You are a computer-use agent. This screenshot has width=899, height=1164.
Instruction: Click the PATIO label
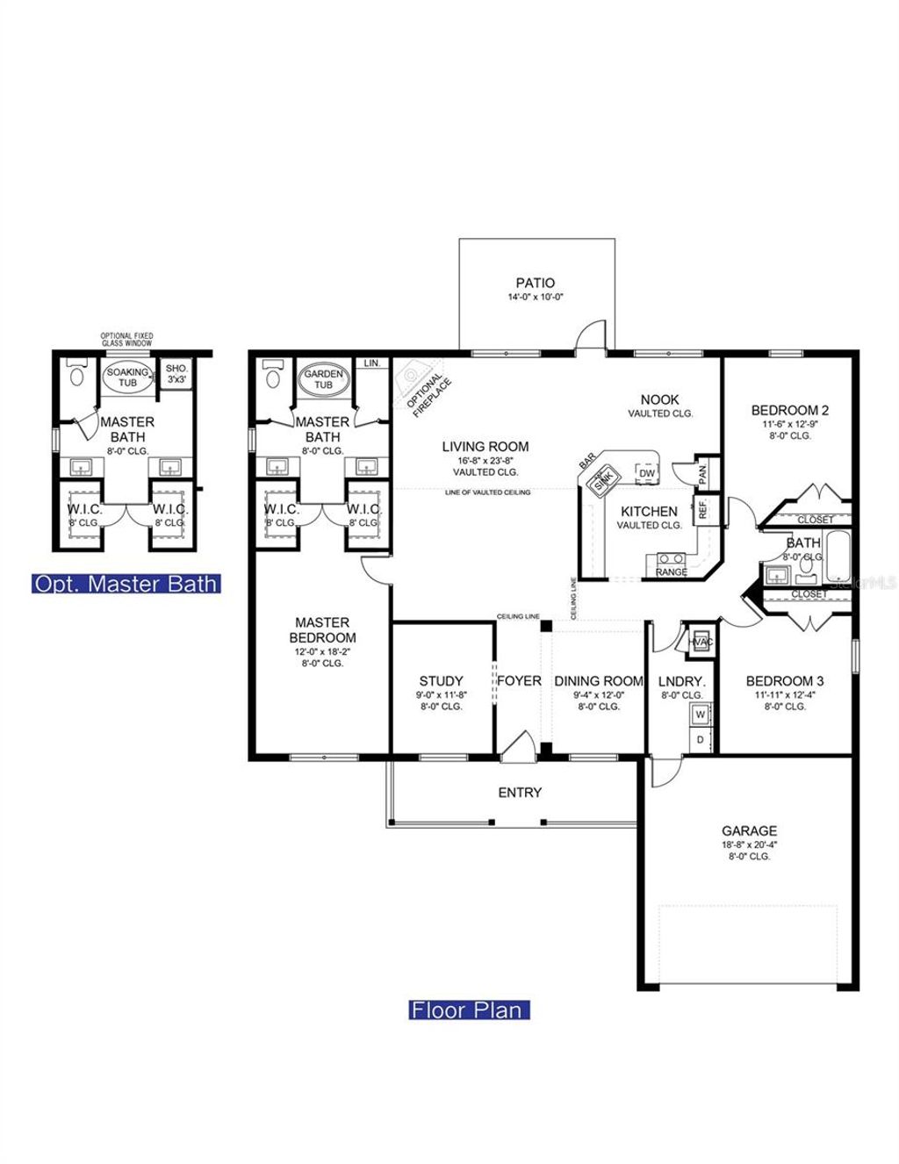(535, 283)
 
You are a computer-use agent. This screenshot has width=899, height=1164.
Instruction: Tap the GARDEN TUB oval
(323, 379)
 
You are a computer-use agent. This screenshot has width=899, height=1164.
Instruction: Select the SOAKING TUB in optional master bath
(127, 377)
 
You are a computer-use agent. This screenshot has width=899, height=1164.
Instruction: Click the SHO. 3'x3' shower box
(176, 374)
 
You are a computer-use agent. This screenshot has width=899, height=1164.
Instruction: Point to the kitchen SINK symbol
(602, 482)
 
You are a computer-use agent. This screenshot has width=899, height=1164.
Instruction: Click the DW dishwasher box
(646, 473)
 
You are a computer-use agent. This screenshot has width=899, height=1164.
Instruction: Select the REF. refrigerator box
(702, 509)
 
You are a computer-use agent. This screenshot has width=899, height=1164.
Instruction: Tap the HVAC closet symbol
(700, 641)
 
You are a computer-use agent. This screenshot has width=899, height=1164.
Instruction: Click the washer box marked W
(701, 715)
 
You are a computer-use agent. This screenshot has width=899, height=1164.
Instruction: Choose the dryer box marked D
(701, 739)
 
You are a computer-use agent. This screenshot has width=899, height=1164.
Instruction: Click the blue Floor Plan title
(469, 1010)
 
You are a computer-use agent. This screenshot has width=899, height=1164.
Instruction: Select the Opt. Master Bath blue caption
(126, 584)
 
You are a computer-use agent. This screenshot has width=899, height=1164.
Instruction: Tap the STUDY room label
(441, 680)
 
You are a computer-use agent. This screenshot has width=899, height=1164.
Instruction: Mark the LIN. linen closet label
(372, 363)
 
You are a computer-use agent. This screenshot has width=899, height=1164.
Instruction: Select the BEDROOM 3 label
(784, 680)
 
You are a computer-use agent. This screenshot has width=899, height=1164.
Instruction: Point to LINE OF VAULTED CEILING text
(487, 492)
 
